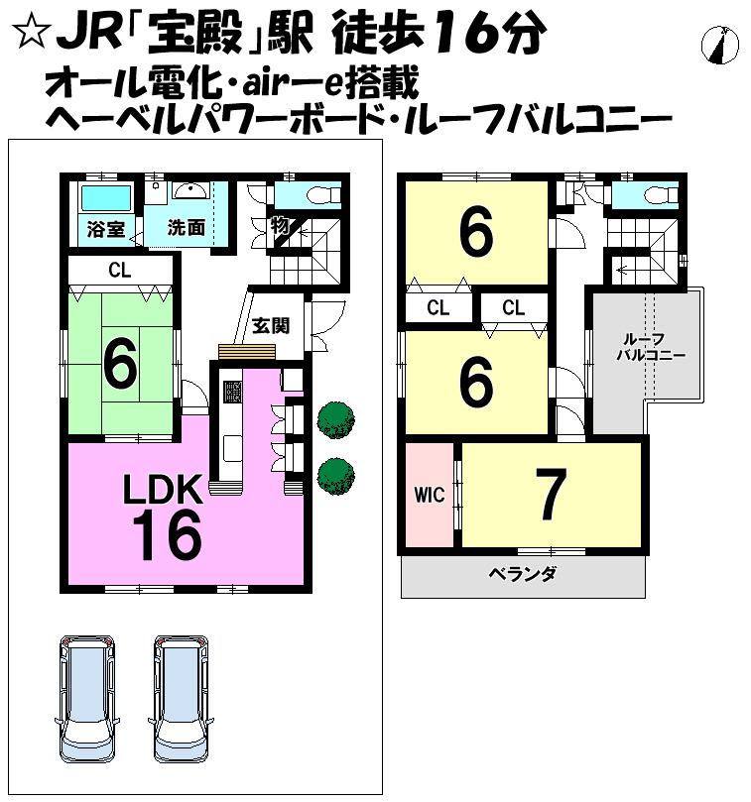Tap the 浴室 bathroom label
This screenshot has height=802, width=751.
(105, 229)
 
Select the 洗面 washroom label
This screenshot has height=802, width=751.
(187, 227)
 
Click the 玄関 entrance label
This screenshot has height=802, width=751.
(270, 325)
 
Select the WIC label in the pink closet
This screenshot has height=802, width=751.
(430, 495)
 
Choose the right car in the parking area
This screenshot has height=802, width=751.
(182, 695)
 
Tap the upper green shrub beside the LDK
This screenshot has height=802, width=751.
(335, 418)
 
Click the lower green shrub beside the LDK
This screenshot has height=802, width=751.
(335, 474)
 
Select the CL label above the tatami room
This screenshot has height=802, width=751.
(120, 269)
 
